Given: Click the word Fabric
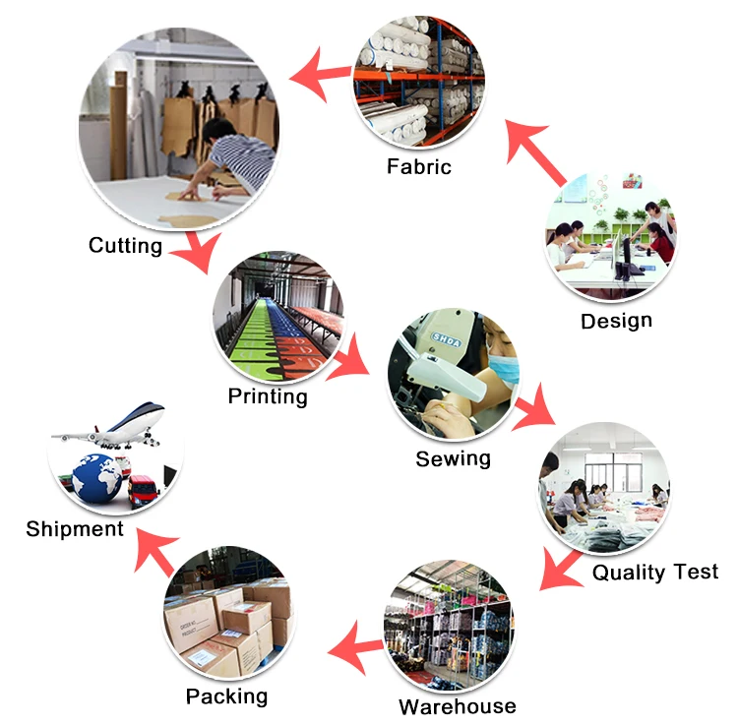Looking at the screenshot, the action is click(419, 166).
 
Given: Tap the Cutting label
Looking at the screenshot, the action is click(126, 246).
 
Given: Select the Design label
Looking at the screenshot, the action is click(617, 322).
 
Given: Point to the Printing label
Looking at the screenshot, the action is click(268, 396).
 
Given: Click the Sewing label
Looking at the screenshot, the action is click(454, 458).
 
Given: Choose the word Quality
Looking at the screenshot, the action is click(629, 573).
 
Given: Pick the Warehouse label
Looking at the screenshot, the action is click(458, 706).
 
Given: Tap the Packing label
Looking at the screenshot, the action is click(227, 696).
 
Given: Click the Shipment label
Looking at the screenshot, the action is click(75, 529).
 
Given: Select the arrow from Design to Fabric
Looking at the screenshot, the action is click(534, 151).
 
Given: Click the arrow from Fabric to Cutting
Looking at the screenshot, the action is click(321, 75).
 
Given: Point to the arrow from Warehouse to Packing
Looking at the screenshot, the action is click(356, 648).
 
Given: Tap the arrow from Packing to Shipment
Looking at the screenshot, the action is click(155, 551).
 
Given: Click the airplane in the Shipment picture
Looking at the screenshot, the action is click(109, 426).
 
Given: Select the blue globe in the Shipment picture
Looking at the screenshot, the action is click(97, 478).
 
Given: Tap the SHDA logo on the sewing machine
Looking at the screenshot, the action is click(446, 339).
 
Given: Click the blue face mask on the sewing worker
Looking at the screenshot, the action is click(503, 369).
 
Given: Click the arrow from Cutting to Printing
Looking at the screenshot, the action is click(198, 252).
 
